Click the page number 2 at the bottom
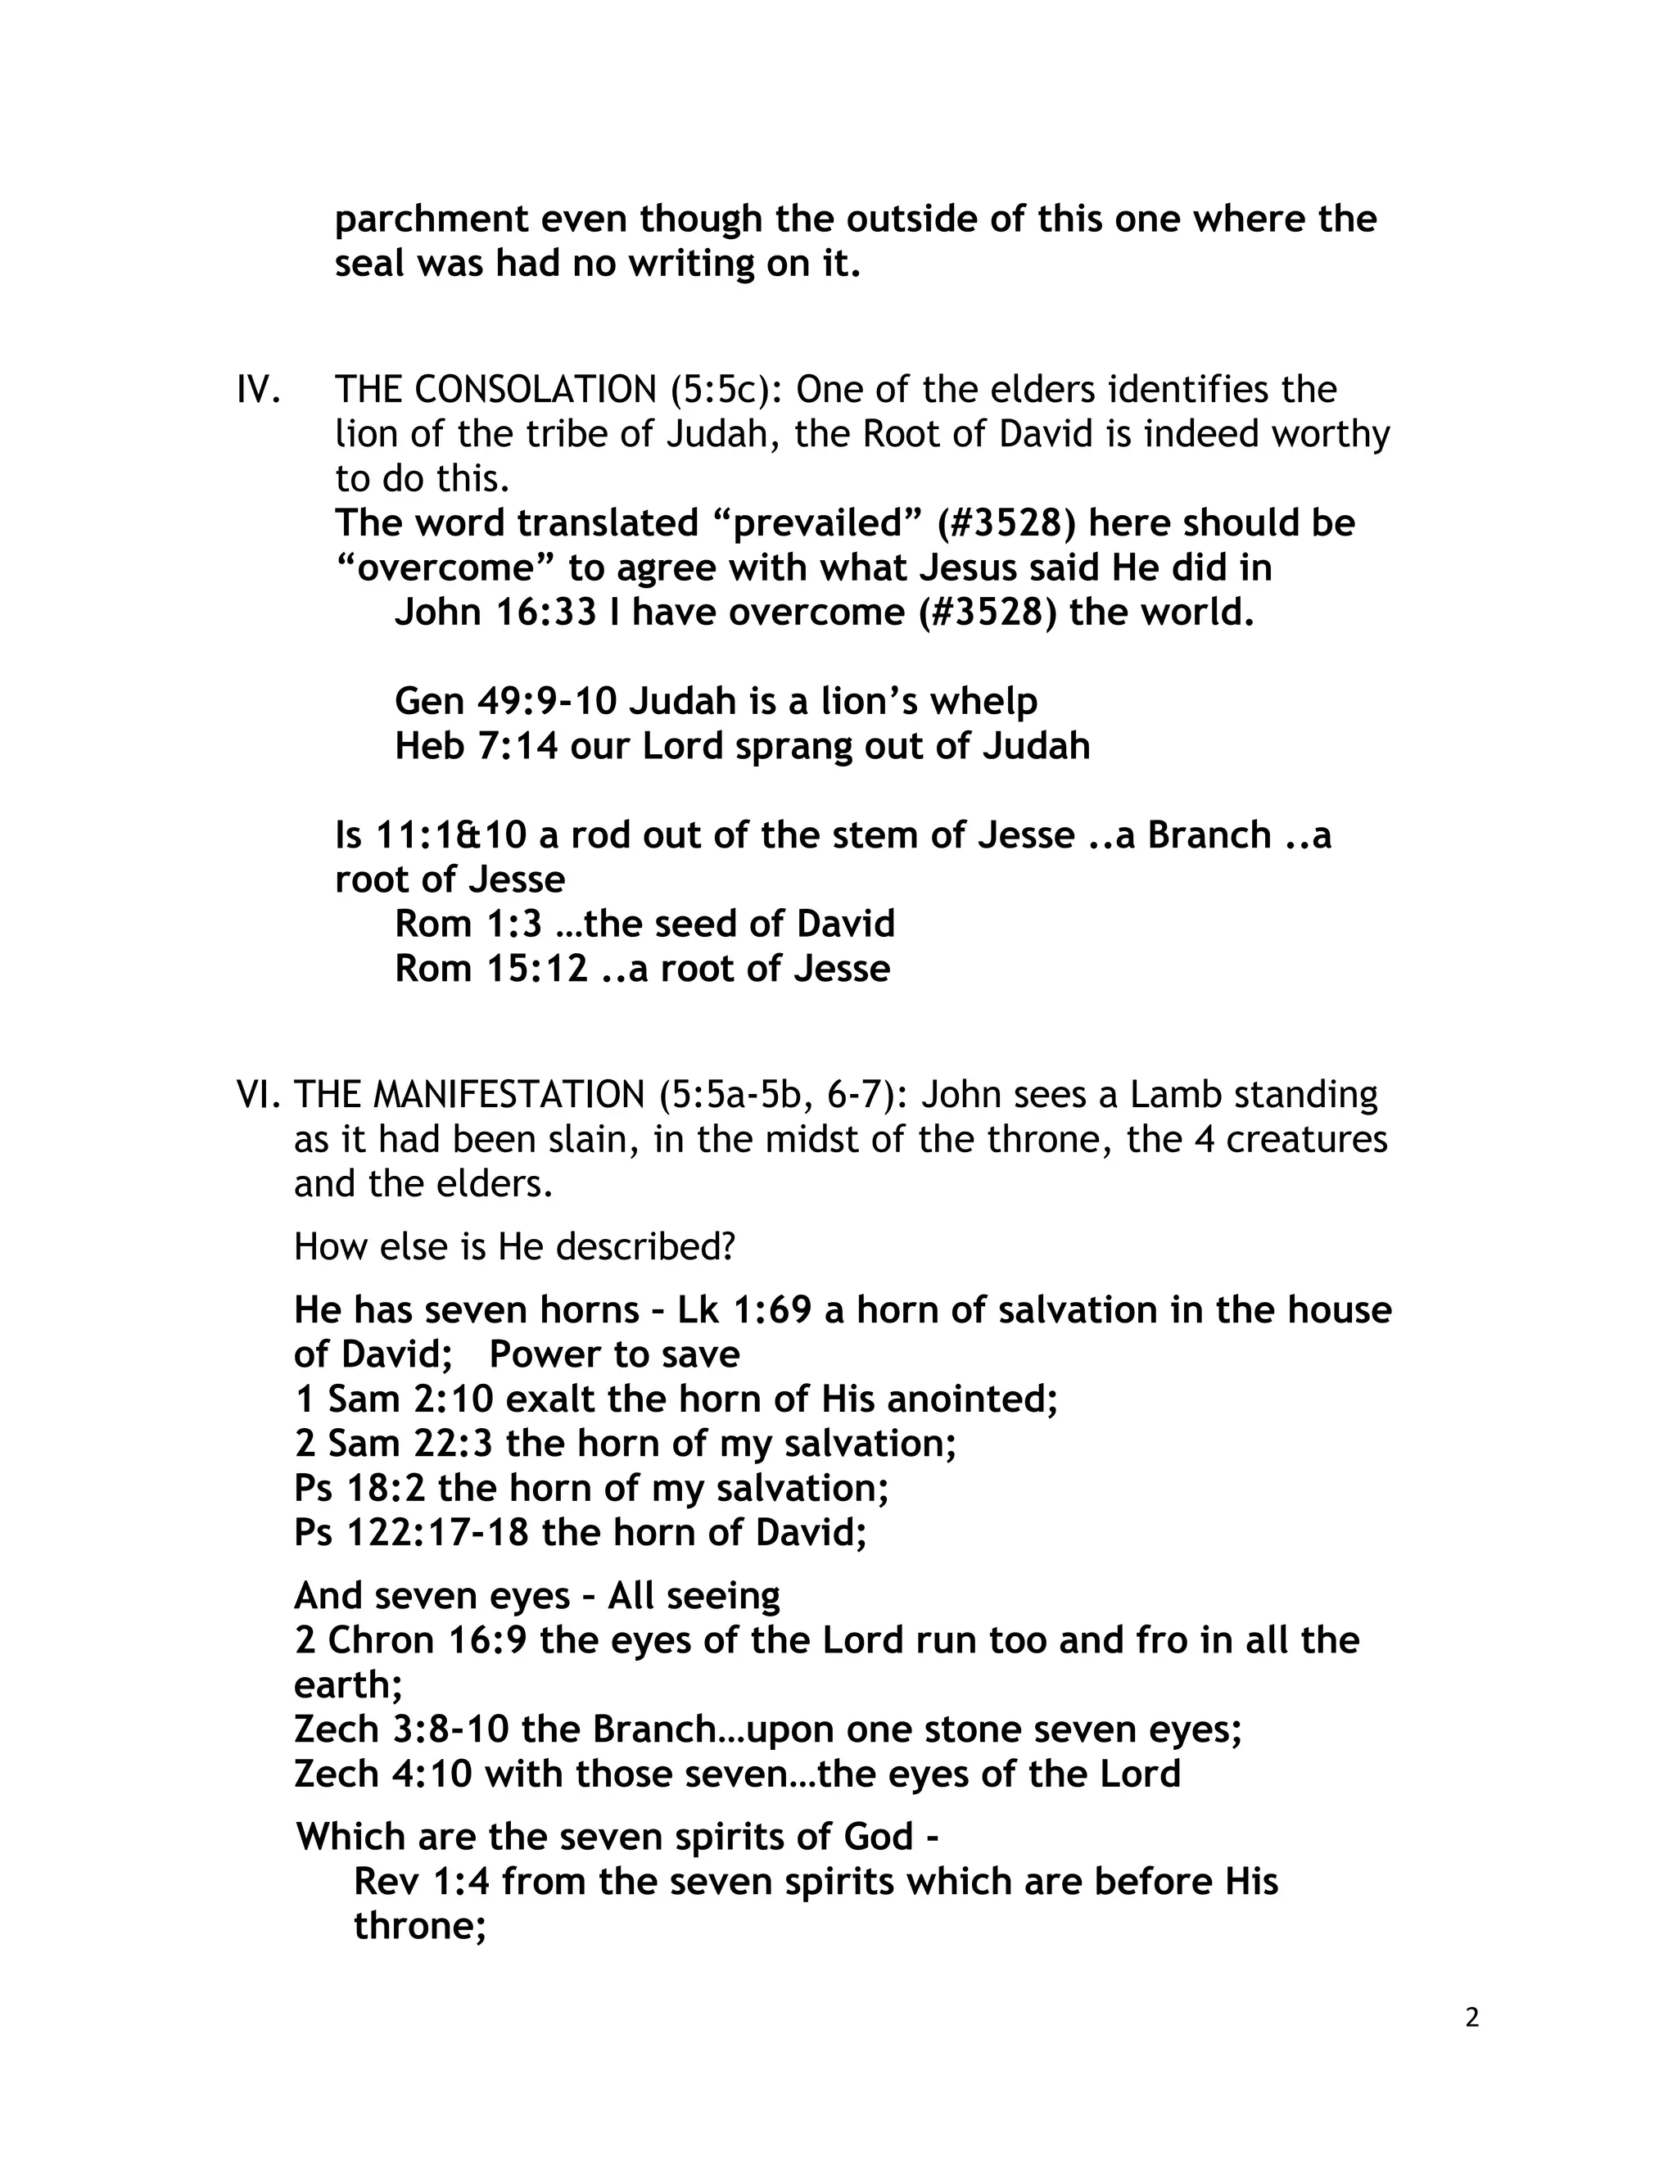coord(1471,2018)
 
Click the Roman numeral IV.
coord(258,390)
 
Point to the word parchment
coord(432,219)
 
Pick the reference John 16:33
coord(495,612)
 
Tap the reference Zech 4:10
coord(382,1774)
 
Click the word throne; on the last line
coord(419,1927)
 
